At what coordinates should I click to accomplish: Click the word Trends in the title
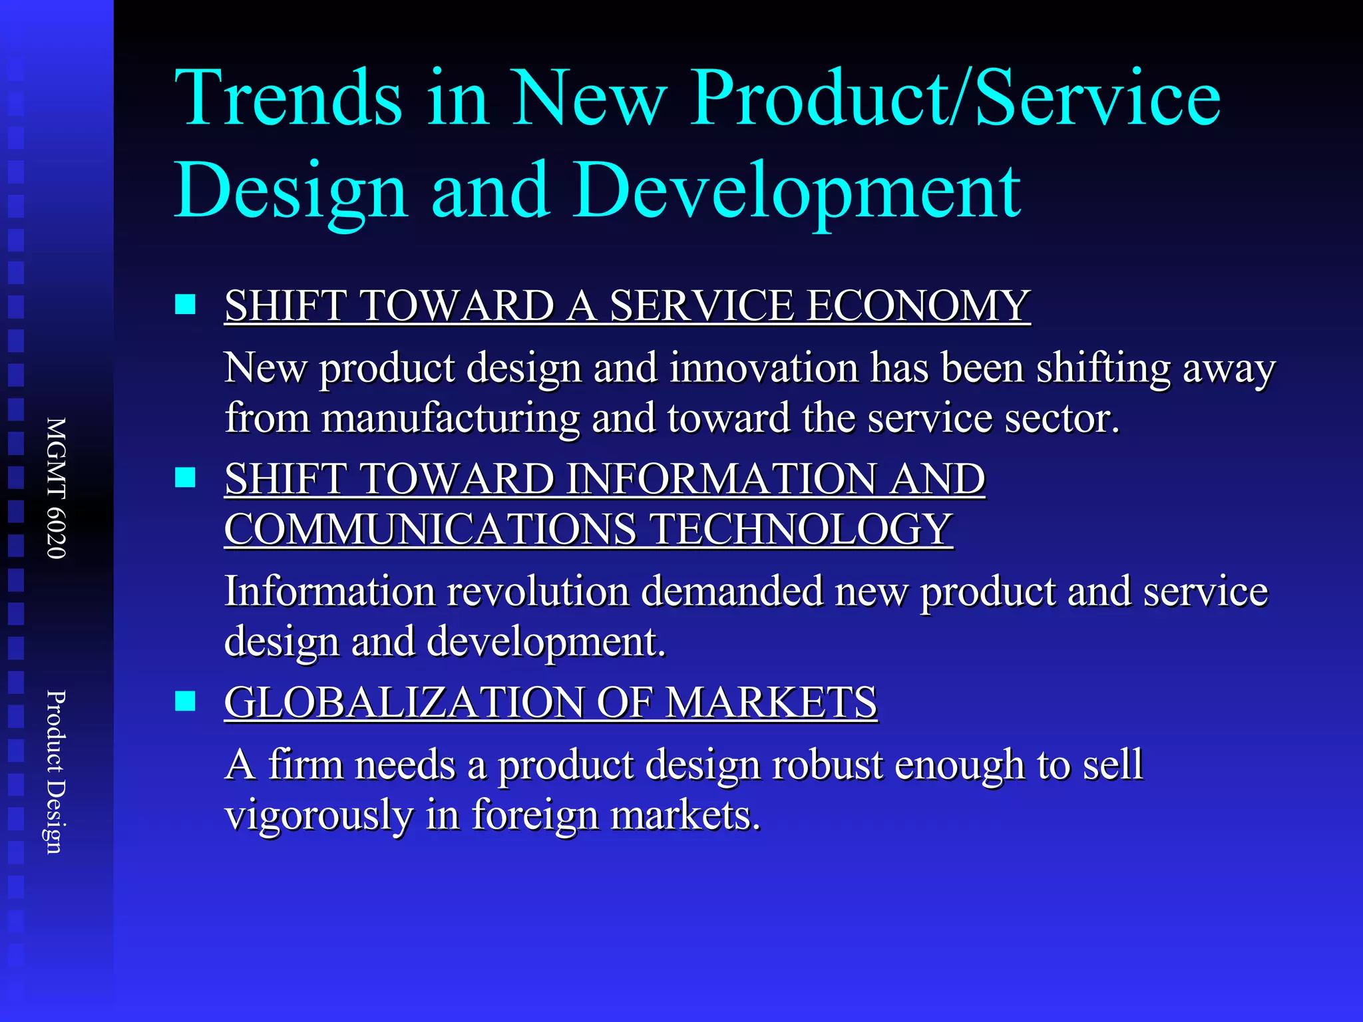pyautogui.click(x=288, y=98)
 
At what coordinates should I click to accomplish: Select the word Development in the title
pyautogui.click(x=797, y=191)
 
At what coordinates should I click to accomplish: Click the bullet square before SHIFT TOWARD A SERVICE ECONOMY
pyautogui.click(x=185, y=305)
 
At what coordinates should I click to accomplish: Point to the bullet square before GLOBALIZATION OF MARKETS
pyautogui.click(x=185, y=701)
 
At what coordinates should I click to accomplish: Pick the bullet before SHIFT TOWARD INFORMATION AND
pyautogui.click(x=185, y=478)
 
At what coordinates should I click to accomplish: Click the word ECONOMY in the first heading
pyautogui.click(x=918, y=307)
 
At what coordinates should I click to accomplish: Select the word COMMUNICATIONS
pyautogui.click(x=430, y=530)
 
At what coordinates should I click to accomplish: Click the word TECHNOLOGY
pyautogui.click(x=801, y=530)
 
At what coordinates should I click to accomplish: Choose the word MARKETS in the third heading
pyautogui.click(x=771, y=703)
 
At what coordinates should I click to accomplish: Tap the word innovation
pyautogui.click(x=764, y=368)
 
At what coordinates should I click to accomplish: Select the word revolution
pyautogui.click(x=538, y=592)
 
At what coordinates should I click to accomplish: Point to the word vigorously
pyautogui.click(x=318, y=816)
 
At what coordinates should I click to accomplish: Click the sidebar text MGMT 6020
pyautogui.click(x=56, y=488)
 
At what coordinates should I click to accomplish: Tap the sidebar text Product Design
pyautogui.click(x=56, y=772)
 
